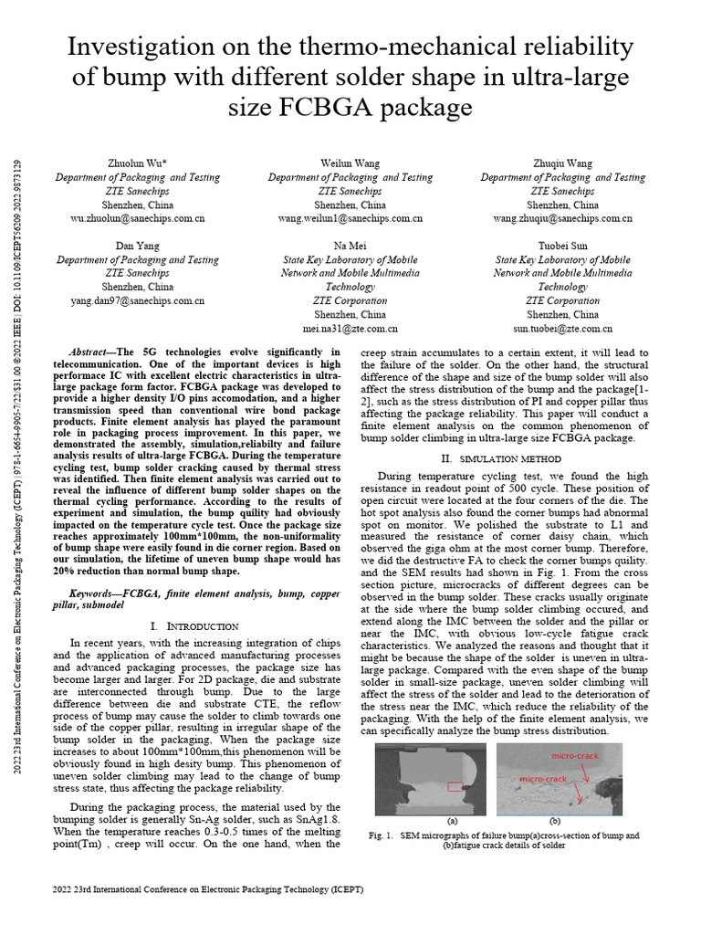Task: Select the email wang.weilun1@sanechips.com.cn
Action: (x=350, y=219)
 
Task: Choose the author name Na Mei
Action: (x=350, y=247)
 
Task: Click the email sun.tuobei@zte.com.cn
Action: (x=562, y=329)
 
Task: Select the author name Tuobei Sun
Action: (x=562, y=247)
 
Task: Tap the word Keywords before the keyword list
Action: (x=94, y=594)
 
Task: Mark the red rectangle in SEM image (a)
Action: (x=455, y=786)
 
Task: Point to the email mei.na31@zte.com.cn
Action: (x=350, y=329)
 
